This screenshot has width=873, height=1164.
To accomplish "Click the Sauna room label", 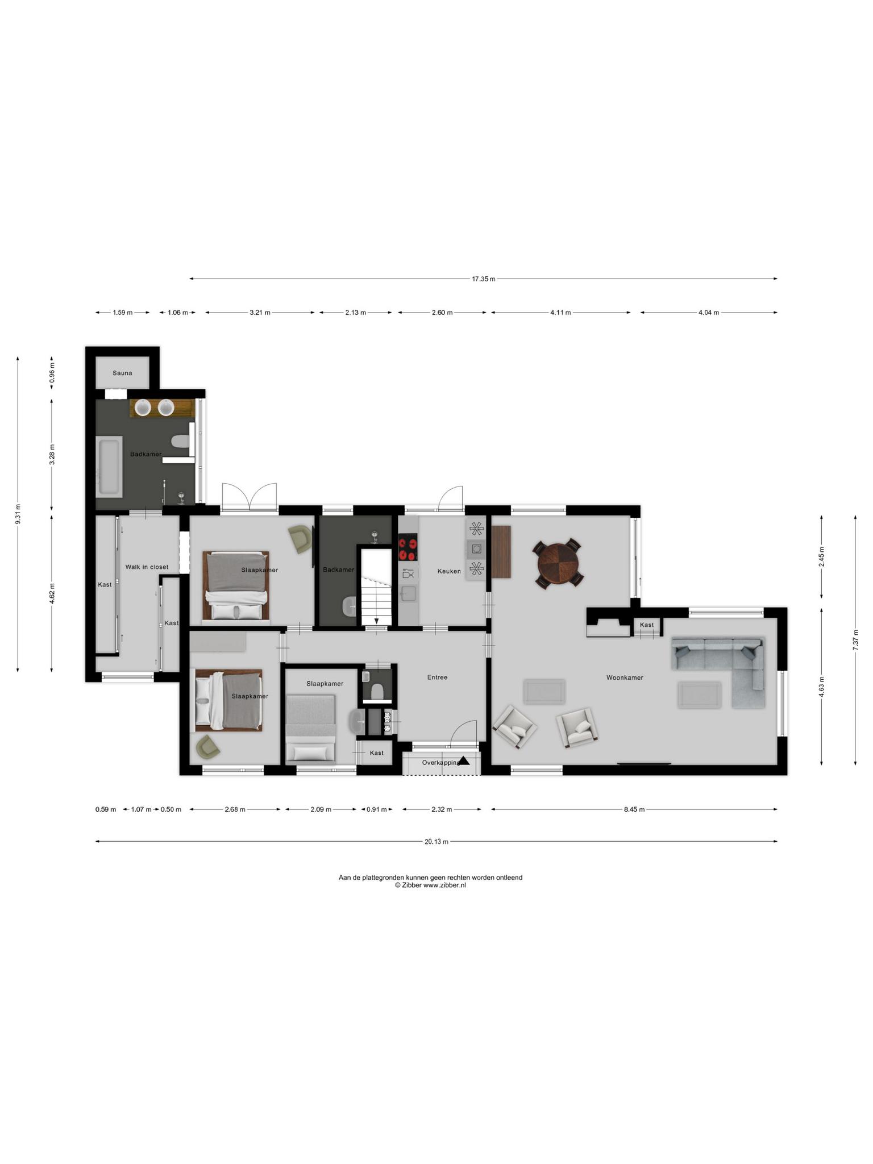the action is click(x=122, y=373).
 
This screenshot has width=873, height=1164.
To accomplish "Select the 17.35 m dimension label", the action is click(x=483, y=279).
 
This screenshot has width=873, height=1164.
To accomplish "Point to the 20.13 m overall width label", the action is click(x=436, y=842).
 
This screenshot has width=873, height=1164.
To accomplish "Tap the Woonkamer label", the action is click(x=625, y=677).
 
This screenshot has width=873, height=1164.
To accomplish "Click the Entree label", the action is click(x=437, y=677).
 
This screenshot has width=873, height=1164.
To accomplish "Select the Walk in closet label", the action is click(x=147, y=567).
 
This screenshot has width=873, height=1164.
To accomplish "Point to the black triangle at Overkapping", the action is click(x=464, y=760).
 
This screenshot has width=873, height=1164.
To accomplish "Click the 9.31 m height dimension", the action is click(x=18, y=514).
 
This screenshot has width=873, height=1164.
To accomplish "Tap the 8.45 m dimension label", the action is click(x=634, y=809).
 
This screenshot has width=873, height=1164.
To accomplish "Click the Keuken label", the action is click(x=449, y=571).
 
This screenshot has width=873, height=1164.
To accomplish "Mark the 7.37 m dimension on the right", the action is click(x=855, y=640).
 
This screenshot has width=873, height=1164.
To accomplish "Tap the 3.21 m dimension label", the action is click(x=260, y=313).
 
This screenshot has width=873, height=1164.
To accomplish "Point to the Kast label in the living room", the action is click(x=647, y=625).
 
